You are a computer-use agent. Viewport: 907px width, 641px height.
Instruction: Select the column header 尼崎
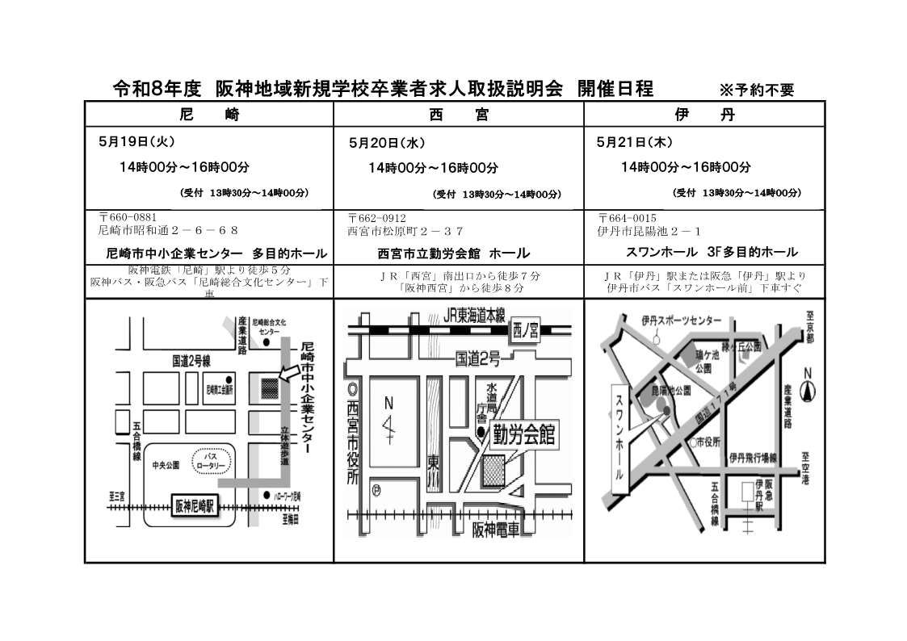(x=208, y=115)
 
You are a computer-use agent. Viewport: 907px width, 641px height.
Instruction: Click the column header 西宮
(x=459, y=115)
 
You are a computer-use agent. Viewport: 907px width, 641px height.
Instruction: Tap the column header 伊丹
(x=704, y=115)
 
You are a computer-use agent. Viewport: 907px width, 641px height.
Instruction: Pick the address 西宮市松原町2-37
(x=405, y=230)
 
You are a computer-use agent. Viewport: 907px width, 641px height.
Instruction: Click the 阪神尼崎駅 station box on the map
(x=195, y=507)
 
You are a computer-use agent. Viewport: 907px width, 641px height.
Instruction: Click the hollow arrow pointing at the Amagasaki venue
(x=288, y=373)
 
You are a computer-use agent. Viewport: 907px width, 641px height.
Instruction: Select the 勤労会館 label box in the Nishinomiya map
(x=524, y=434)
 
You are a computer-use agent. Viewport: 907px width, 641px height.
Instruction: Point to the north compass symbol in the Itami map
(x=806, y=390)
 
